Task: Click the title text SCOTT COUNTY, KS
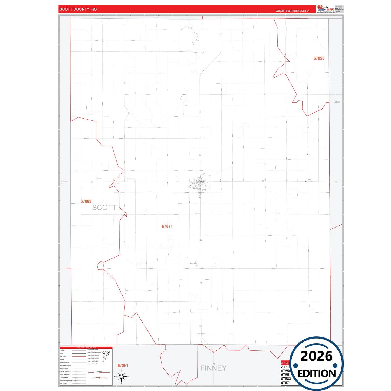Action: coord(78,9)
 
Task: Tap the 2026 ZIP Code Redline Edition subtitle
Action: coord(292,11)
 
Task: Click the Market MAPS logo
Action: coord(326,9)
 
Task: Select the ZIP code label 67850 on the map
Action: coord(319,58)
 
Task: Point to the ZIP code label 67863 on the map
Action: coord(86,201)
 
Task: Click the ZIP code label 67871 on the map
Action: coord(167,226)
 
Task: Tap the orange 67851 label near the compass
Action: coord(123,366)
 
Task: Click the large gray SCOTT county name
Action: coord(104,208)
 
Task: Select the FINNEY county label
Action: coord(213,368)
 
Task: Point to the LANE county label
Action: coord(336,102)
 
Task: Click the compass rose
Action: coord(121,376)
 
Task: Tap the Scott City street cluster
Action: coord(200,185)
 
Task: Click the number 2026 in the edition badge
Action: coord(316,356)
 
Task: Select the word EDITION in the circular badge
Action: coord(317,374)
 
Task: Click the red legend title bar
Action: coord(86,347)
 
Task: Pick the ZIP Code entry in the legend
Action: coord(63,357)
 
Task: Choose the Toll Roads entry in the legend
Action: coord(63,383)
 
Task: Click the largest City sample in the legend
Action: coord(106,352)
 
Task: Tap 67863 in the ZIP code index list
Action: coord(286,379)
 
